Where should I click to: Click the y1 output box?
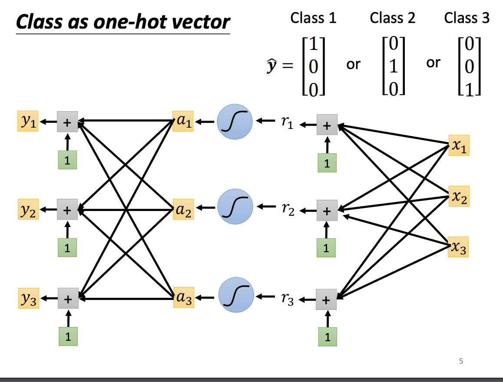click(x=28, y=121)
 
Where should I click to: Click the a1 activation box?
click(x=182, y=121)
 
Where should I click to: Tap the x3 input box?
click(x=459, y=247)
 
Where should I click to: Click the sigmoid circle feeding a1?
click(x=235, y=122)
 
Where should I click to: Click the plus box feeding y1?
click(x=67, y=122)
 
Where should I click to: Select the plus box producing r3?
click(x=326, y=299)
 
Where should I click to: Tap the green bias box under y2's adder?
click(x=67, y=247)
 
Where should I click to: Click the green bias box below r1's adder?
click(x=327, y=163)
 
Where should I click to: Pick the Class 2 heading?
click(x=393, y=18)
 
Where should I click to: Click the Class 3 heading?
click(x=467, y=18)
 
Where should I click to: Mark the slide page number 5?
click(x=461, y=360)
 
